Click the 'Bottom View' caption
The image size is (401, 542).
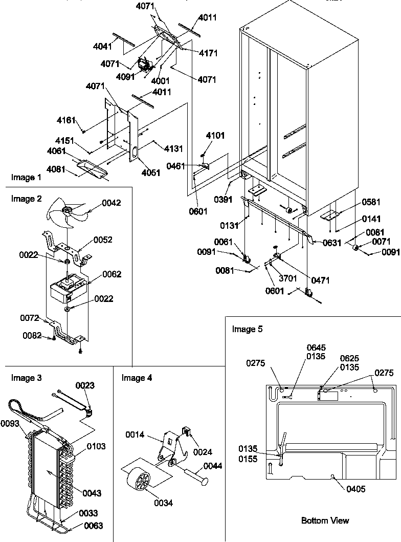(x=325, y=521)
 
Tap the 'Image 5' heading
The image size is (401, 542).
(x=247, y=329)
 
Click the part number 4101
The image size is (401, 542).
(x=215, y=136)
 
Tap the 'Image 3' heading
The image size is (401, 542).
(x=26, y=378)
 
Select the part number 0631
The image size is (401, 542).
(x=331, y=243)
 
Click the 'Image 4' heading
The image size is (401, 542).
(x=137, y=378)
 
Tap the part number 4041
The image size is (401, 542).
(x=103, y=46)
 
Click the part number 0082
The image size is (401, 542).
(x=32, y=335)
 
